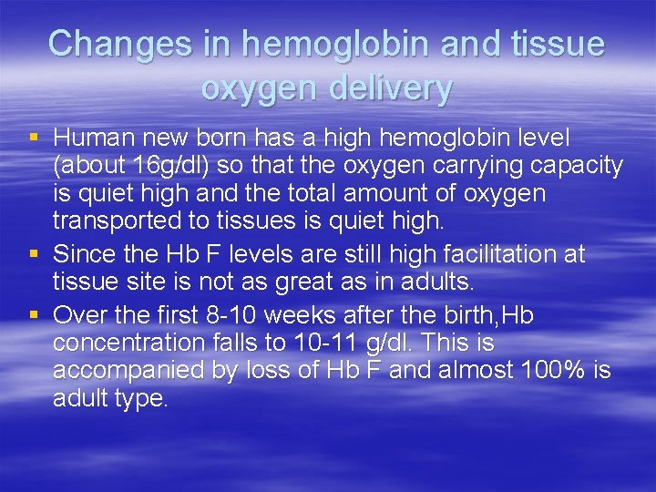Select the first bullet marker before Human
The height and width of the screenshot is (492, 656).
point(34,138)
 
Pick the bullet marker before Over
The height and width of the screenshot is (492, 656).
point(34,315)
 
